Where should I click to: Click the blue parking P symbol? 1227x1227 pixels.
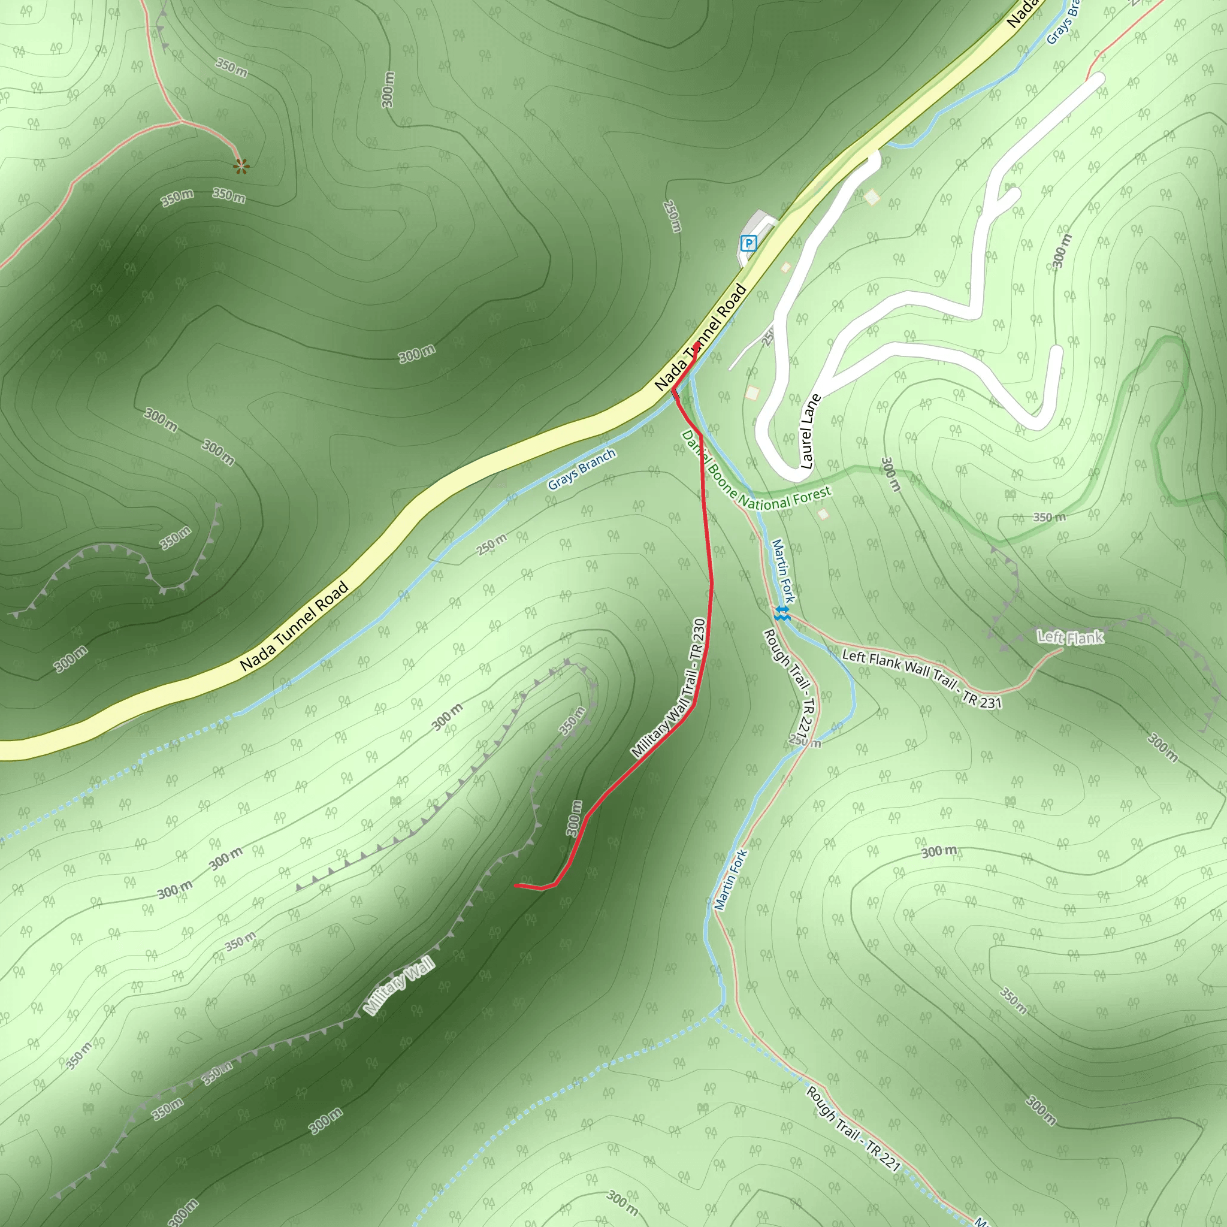(749, 243)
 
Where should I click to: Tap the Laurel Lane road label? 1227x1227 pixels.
(806, 432)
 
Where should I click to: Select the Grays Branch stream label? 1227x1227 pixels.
(581, 469)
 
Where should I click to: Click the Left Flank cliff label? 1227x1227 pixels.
(1070, 637)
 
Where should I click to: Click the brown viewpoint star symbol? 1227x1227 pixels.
(241, 167)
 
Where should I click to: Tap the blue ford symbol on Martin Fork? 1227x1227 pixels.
(782, 612)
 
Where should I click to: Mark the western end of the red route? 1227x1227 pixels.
(516, 885)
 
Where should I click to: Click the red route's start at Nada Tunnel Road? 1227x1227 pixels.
(697, 345)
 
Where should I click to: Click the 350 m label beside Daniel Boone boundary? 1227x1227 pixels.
(1048, 518)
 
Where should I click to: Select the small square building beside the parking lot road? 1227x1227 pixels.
(785, 267)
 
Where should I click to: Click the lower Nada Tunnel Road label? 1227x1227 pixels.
(294, 626)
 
